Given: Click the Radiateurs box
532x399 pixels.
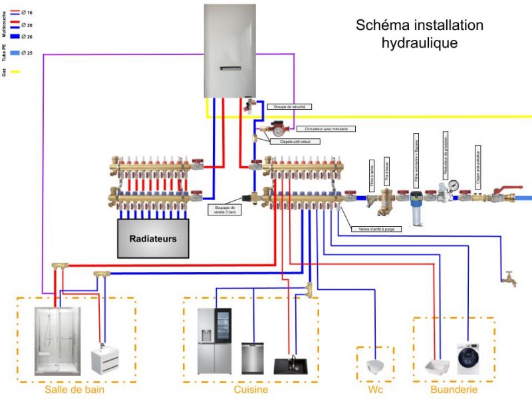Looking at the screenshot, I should [x=153, y=238].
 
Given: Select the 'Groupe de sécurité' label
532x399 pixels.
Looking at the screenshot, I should [x=289, y=106].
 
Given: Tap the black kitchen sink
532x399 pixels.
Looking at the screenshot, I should [x=290, y=366].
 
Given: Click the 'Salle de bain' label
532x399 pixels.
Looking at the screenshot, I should [x=74, y=390].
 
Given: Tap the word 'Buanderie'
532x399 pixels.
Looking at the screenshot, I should [x=454, y=390].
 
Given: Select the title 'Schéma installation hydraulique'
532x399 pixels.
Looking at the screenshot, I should [x=419, y=34].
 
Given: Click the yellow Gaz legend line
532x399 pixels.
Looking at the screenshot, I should [x=15, y=71].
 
